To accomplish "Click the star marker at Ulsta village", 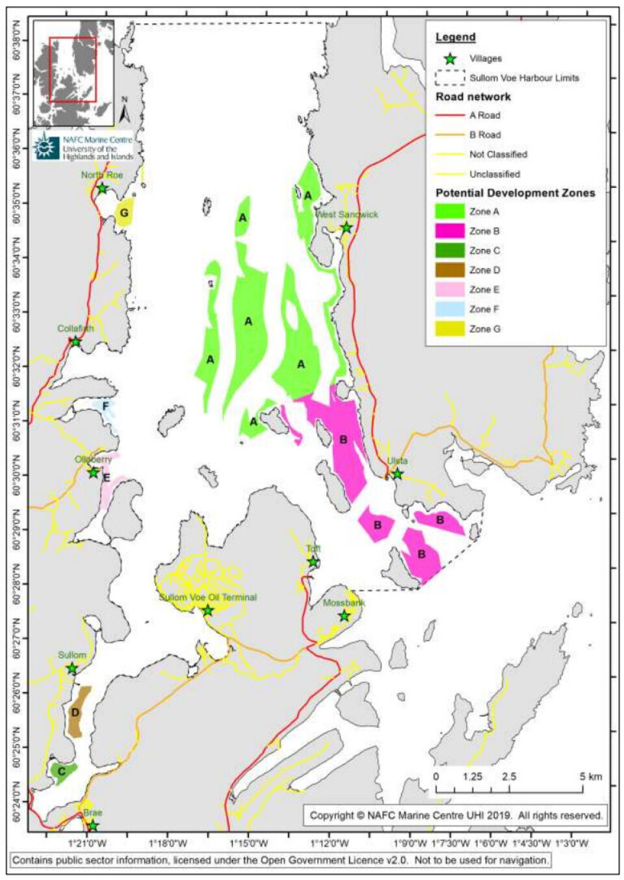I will tap(397, 474).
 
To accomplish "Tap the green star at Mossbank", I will tap(344, 616).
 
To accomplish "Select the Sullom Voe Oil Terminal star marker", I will tap(207, 610).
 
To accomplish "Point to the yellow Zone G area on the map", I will tap(124, 213).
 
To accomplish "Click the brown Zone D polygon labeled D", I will tap(77, 712).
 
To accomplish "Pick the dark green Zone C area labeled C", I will tap(62, 771).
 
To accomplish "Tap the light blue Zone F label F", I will tap(105, 407).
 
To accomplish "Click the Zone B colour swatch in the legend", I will tap(449, 231).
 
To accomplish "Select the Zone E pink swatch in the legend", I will tap(449, 290).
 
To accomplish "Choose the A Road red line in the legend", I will tap(449, 115).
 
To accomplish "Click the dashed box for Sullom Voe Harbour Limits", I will tap(449, 77).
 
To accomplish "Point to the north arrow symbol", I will tap(125, 112).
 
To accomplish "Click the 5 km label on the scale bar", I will tap(591, 777).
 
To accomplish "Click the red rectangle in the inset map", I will tap(73, 69).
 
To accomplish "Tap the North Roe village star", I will tap(102, 188).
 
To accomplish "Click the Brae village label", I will tap(93, 812).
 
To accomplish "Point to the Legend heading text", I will tap(455, 38).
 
